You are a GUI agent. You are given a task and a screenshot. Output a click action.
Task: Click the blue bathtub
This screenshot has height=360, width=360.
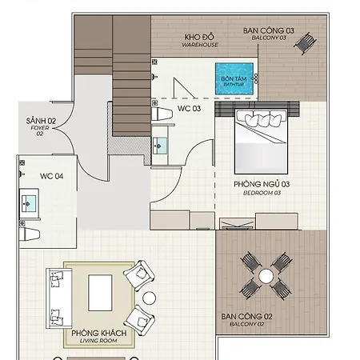234,79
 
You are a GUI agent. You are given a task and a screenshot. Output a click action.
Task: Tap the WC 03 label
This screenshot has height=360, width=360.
189,109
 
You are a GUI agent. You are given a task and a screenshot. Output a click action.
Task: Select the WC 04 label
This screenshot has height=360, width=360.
51,176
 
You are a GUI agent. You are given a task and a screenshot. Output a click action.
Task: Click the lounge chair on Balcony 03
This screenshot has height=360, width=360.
306,42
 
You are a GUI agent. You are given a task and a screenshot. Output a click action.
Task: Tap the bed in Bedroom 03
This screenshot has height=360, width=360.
262,142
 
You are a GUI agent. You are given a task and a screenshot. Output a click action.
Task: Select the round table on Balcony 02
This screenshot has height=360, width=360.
266,276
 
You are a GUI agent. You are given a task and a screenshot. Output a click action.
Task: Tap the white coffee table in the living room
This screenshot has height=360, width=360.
100,293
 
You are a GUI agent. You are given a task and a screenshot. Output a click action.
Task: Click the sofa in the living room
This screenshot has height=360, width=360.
59,298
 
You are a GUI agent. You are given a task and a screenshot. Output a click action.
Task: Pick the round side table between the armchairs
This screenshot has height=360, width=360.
149,298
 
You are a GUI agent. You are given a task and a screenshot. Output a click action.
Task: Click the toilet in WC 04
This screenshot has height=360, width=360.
30,234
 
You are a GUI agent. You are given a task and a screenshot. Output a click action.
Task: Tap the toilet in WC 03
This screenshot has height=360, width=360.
162,114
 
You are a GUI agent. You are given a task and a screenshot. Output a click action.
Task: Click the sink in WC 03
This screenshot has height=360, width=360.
160,146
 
